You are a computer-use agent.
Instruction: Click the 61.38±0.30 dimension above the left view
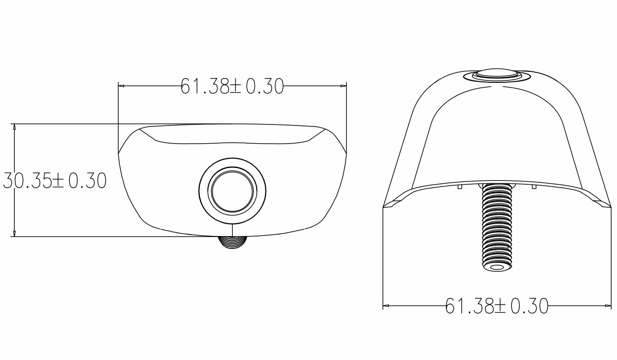(232, 87)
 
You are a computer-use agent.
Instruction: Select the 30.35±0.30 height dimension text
(54, 181)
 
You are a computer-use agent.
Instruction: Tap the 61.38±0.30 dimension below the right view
(497, 306)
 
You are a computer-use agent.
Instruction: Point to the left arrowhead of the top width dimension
(121, 86)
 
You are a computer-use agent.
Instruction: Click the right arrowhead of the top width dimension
(343, 86)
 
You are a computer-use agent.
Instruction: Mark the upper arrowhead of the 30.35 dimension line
(14, 127)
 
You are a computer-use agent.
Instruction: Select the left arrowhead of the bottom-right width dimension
(386, 306)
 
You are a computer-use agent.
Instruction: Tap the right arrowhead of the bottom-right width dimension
(608, 306)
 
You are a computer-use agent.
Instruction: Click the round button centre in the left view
(233, 191)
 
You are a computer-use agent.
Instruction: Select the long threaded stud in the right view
(496, 225)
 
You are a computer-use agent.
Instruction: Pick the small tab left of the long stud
(459, 187)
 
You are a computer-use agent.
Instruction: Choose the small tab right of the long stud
(534, 187)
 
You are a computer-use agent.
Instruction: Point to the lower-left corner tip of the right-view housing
(384, 207)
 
